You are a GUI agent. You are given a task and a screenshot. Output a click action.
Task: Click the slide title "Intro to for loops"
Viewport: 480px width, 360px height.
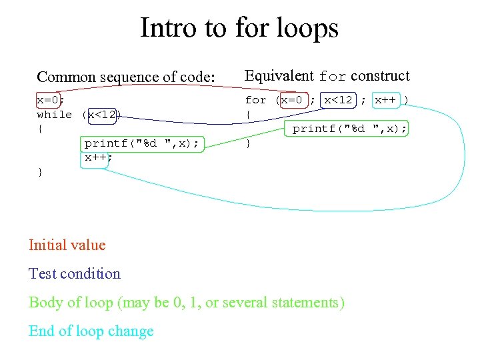pyautogui.click(x=239, y=28)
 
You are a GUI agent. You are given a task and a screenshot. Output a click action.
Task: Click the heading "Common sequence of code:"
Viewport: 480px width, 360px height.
pyautogui.click(x=126, y=77)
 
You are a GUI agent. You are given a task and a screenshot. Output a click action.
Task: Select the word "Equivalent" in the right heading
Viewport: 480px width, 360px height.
pyautogui.click(x=279, y=76)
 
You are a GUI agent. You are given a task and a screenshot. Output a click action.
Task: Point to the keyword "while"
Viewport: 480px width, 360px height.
pyautogui.click(x=54, y=115)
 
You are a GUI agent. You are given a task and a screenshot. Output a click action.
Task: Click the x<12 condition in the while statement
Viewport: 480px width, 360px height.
pyautogui.click(x=103, y=115)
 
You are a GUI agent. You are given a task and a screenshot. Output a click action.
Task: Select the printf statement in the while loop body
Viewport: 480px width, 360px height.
pyautogui.click(x=141, y=143)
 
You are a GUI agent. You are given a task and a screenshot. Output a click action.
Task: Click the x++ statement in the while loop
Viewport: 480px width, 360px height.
pyautogui.click(x=97, y=158)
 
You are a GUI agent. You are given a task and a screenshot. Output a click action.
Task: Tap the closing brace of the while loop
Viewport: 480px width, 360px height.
pyautogui.click(x=40, y=172)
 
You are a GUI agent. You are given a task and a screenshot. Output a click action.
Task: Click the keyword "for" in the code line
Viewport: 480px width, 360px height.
pyautogui.click(x=255, y=100)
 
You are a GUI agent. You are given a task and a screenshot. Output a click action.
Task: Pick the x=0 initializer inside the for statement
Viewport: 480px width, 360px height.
pyautogui.click(x=292, y=100)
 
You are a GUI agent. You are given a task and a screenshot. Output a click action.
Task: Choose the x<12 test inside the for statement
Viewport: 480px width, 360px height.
pyautogui.click(x=338, y=100)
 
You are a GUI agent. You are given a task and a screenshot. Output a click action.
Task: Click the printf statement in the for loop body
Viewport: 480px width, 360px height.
pyautogui.click(x=349, y=129)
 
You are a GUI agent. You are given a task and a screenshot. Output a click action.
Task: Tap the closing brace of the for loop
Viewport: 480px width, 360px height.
pyautogui.click(x=248, y=143)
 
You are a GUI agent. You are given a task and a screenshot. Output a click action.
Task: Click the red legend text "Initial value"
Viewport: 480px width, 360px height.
pyautogui.click(x=67, y=245)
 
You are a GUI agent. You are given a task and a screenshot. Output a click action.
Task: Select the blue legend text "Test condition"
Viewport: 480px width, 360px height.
pyautogui.click(x=75, y=273)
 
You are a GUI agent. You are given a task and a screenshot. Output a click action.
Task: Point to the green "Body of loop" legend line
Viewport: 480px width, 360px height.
pyautogui.click(x=187, y=302)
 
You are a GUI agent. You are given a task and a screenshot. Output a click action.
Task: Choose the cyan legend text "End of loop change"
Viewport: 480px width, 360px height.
pyautogui.click(x=91, y=331)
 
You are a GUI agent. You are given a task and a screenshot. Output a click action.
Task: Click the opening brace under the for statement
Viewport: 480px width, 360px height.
pyautogui.click(x=248, y=115)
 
